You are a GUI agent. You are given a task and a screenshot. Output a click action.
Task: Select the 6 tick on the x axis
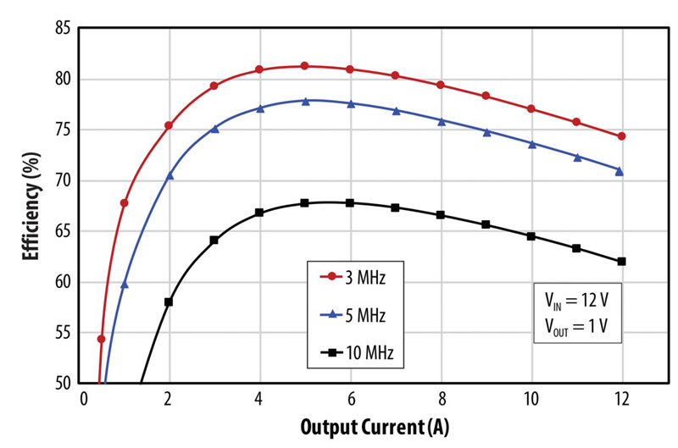350,399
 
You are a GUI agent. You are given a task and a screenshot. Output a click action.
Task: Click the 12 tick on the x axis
621,399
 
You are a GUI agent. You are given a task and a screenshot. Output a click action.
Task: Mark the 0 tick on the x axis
83,399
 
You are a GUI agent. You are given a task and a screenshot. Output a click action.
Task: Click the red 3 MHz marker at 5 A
304,66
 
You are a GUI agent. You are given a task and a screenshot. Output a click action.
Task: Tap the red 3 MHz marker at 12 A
621,136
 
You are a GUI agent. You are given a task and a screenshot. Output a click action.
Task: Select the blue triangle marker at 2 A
169,175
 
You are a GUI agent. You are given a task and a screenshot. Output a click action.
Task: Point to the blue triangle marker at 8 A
441,121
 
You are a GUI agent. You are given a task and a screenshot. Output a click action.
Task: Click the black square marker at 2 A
169,301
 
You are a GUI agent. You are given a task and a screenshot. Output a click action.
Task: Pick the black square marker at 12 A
621,262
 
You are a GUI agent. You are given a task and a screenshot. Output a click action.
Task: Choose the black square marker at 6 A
350,203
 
